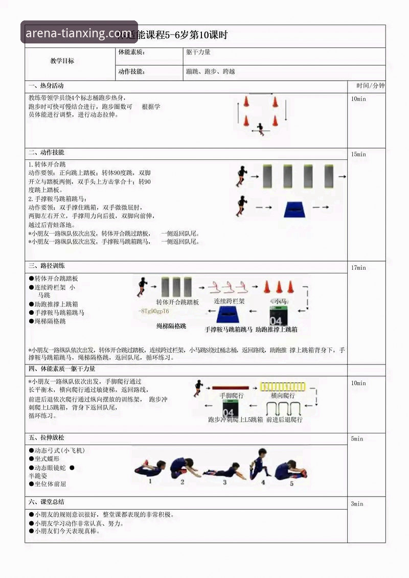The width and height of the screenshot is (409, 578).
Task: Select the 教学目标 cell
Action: [62, 61]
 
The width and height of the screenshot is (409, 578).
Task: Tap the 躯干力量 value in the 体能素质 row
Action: [198, 52]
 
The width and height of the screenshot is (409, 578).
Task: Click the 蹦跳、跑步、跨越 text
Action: [211, 72]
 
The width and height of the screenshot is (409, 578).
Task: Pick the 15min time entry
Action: [358, 154]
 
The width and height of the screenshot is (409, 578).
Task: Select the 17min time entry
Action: [358, 268]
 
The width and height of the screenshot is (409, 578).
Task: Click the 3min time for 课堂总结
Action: [357, 504]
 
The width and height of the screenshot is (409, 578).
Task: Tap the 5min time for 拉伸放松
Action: [357, 439]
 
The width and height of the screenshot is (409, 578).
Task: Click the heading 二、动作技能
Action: [47, 153]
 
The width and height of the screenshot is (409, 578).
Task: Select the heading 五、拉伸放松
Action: [47, 438]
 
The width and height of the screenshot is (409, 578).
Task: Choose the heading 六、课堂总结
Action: [47, 502]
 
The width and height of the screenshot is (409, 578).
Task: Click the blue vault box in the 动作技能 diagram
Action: [300, 209]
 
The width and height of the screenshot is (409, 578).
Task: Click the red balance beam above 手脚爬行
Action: [230, 388]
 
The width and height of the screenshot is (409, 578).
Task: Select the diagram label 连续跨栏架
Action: [229, 302]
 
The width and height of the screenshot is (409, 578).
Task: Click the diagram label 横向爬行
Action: [282, 396]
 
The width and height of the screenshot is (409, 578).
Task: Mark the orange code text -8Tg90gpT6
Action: [154, 311]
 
